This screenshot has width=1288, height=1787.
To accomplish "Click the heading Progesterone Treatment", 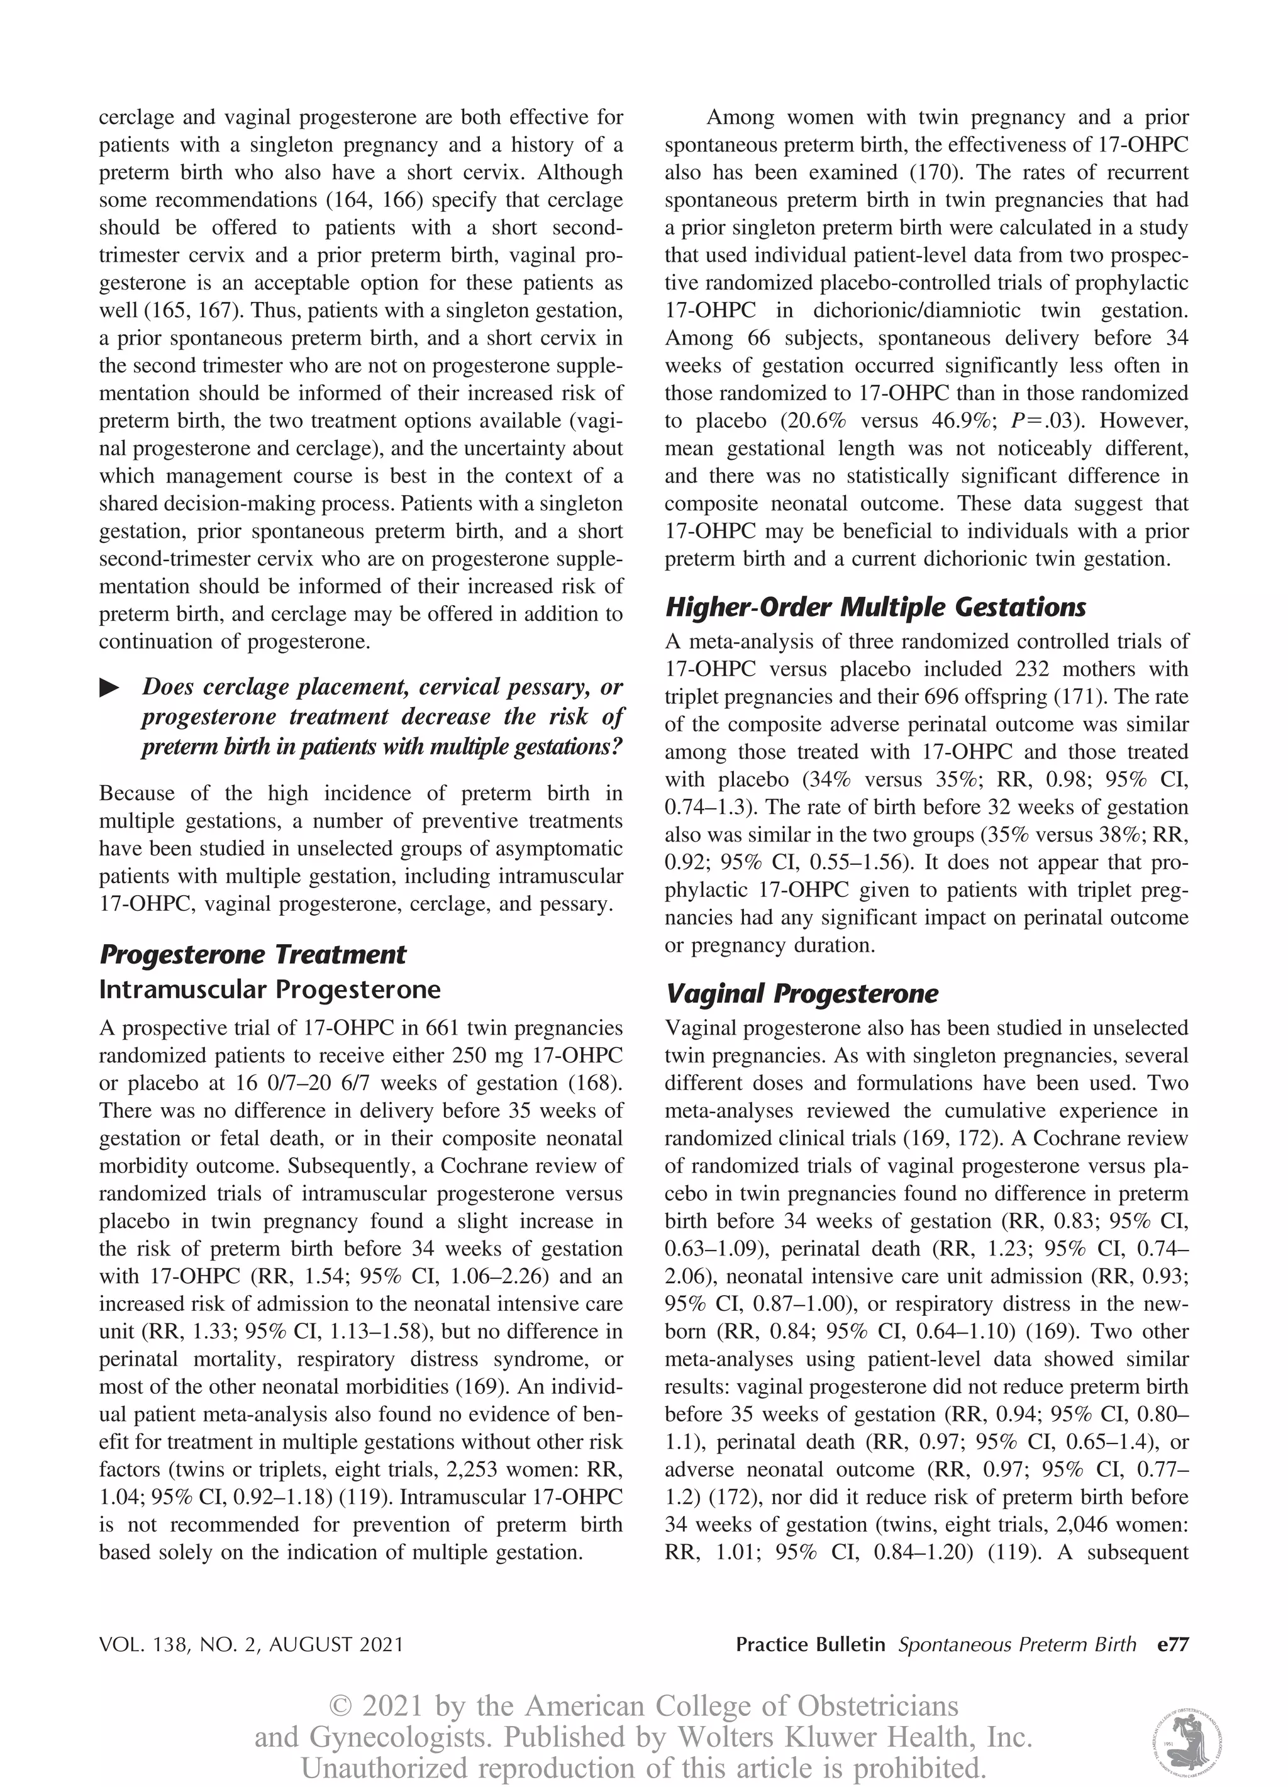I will (x=252, y=954).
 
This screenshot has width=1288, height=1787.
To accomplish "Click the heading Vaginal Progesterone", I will (x=801, y=994).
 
